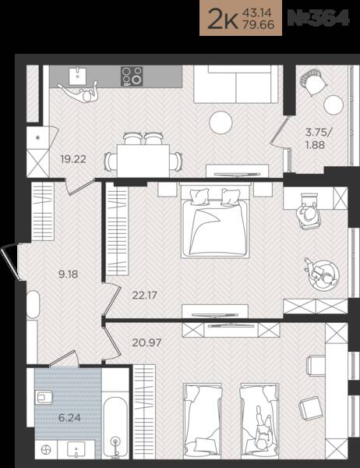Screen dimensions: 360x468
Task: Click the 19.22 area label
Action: click(x=73, y=159)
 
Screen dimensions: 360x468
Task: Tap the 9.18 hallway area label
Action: click(x=69, y=274)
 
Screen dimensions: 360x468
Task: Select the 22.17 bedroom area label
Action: click(x=144, y=296)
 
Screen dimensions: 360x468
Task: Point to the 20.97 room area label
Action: click(x=146, y=342)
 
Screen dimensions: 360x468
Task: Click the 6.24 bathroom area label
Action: click(x=69, y=418)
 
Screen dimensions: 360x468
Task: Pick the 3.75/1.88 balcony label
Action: click(x=318, y=138)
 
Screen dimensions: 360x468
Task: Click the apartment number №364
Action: click(x=318, y=18)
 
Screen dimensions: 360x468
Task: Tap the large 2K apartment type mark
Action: click(x=223, y=19)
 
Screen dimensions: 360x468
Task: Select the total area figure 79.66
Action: click(x=259, y=24)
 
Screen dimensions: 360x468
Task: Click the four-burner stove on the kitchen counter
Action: click(x=132, y=76)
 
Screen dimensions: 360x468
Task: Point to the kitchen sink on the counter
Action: click(x=78, y=76)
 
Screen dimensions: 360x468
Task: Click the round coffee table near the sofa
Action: click(x=221, y=122)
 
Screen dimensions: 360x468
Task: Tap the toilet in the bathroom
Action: click(x=44, y=397)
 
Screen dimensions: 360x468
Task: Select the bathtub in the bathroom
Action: click(x=115, y=427)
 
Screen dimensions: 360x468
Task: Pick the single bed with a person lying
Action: click(x=259, y=421)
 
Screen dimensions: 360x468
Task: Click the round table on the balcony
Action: click(x=334, y=105)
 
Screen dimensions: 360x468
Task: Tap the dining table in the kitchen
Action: click(x=143, y=161)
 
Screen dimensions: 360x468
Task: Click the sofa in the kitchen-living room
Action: click(x=236, y=84)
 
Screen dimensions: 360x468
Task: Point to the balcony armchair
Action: click(x=312, y=82)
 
